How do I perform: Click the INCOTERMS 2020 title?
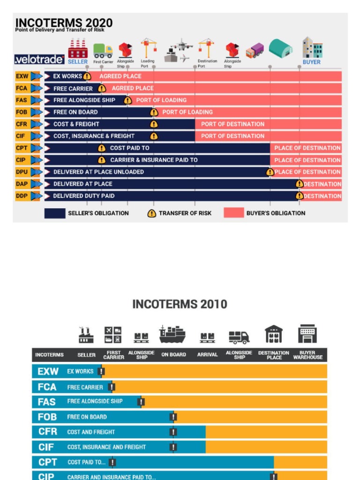pos(64,22)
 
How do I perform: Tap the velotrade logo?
pos(39,60)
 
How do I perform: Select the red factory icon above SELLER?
pos(78,48)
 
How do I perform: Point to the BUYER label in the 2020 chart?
pos(311,62)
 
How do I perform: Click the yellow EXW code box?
pos(22,76)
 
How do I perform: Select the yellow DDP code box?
pos(22,195)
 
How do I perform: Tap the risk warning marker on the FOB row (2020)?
pos(153,112)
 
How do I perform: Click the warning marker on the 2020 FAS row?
pos(127,100)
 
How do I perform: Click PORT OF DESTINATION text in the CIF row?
pos(232,136)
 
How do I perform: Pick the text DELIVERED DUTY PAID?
pos(83,196)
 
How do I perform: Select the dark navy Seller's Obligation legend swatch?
pos(54,213)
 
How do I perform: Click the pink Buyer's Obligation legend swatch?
pos(233,213)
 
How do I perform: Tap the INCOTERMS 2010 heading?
pos(180,304)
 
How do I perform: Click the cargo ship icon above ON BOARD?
pos(172,334)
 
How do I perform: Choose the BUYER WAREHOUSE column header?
pos(307,355)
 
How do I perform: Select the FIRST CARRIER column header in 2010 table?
pos(113,355)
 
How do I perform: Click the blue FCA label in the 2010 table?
pos(47,387)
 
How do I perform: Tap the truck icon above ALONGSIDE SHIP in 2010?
pos(239,337)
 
